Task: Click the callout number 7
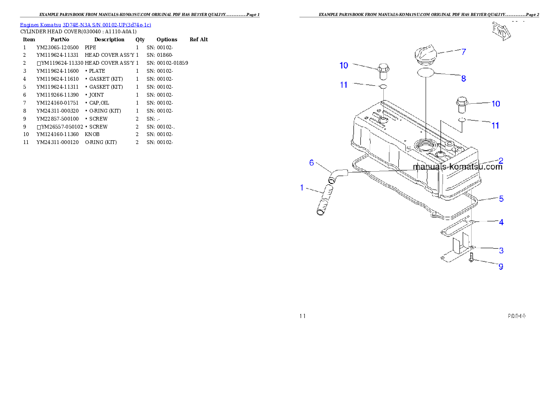coord(463,52)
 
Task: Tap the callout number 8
coord(463,78)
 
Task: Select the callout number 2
coord(501,160)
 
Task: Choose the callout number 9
coord(501,266)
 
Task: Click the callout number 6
coord(311,163)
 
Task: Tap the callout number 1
coord(303,188)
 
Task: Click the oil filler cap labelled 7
coord(425,55)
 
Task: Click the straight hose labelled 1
coord(325,201)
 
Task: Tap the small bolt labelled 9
coord(472,257)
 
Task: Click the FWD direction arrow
coord(501,30)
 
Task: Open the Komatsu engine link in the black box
coord(85,25)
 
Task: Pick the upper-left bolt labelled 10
coord(383,72)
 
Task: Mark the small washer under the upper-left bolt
coord(383,87)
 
